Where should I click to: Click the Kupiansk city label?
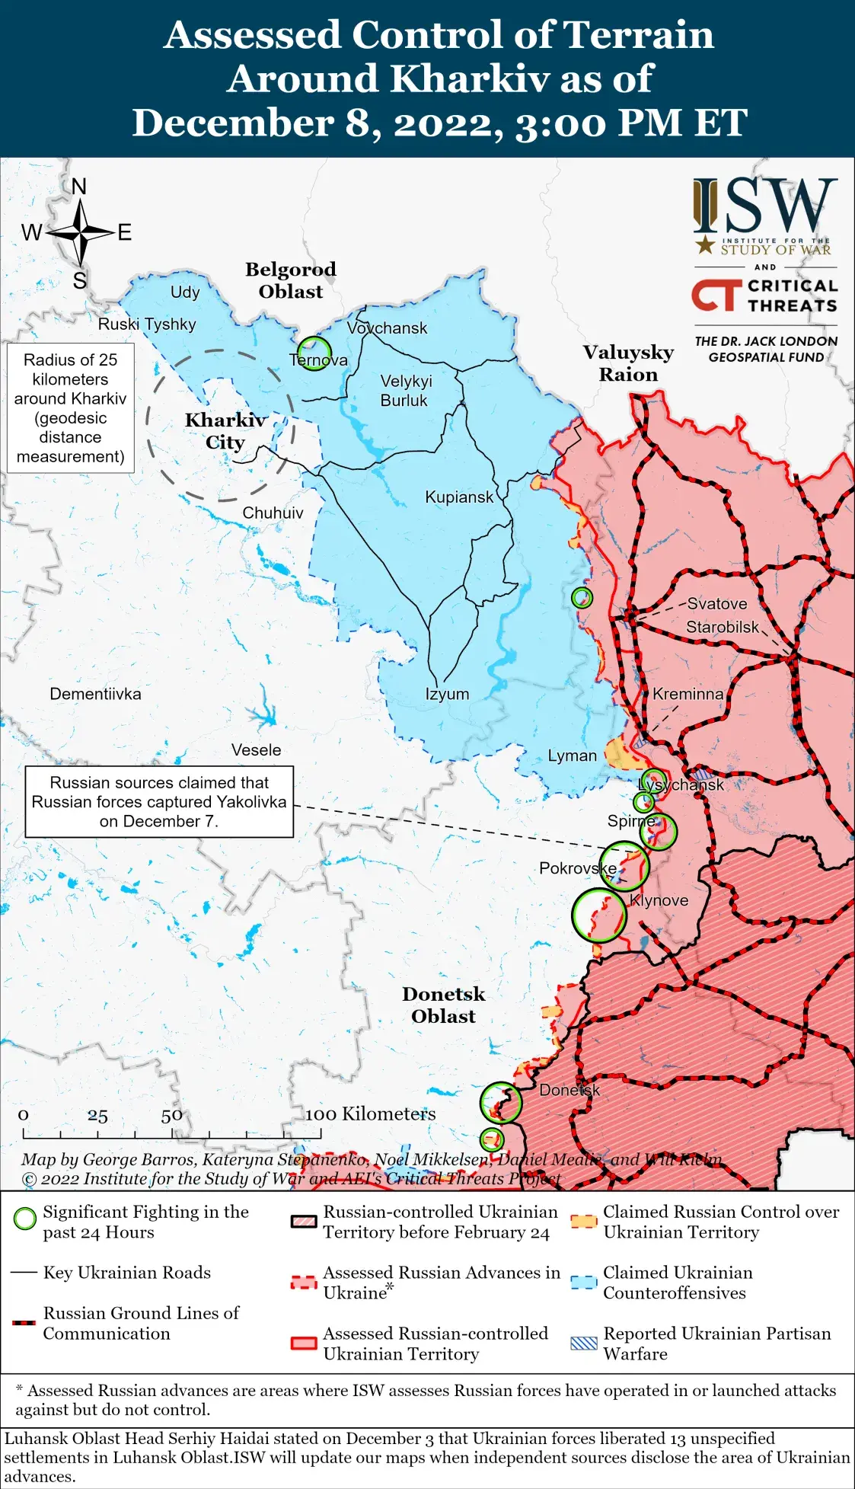pyautogui.click(x=458, y=497)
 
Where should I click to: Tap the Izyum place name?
pyautogui.click(x=447, y=694)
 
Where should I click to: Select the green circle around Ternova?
pyautogui.click(x=314, y=353)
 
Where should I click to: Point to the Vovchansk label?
pyautogui.click(x=387, y=328)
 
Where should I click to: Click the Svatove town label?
pyautogui.click(x=716, y=604)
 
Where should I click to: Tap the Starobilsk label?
pyautogui.click(x=722, y=627)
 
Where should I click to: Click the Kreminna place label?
pyautogui.click(x=688, y=694)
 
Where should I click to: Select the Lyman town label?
pyautogui.click(x=572, y=756)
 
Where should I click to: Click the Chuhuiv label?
pyautogui.click(x=273, y=513)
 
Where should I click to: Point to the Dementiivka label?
pyautogui.click(x=95, y=694)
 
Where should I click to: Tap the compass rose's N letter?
pyautogui.click(x=79, y=187)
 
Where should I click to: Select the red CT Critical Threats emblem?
pyautogui.click(x=716, y=296)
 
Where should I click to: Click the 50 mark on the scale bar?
pyautogui.click(x=171, y=1116)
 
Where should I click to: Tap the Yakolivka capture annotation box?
pyautogui.click(x=159, y=802)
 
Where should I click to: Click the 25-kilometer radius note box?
pyautogui.click(x=71, y=408)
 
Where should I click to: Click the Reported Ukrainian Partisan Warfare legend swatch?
pyautogui.click(x=584, y=1343)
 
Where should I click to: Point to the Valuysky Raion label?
pyautogui.click(x=628, y=363)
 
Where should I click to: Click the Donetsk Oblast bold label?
pyautogui.click(x=443, y=1005)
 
